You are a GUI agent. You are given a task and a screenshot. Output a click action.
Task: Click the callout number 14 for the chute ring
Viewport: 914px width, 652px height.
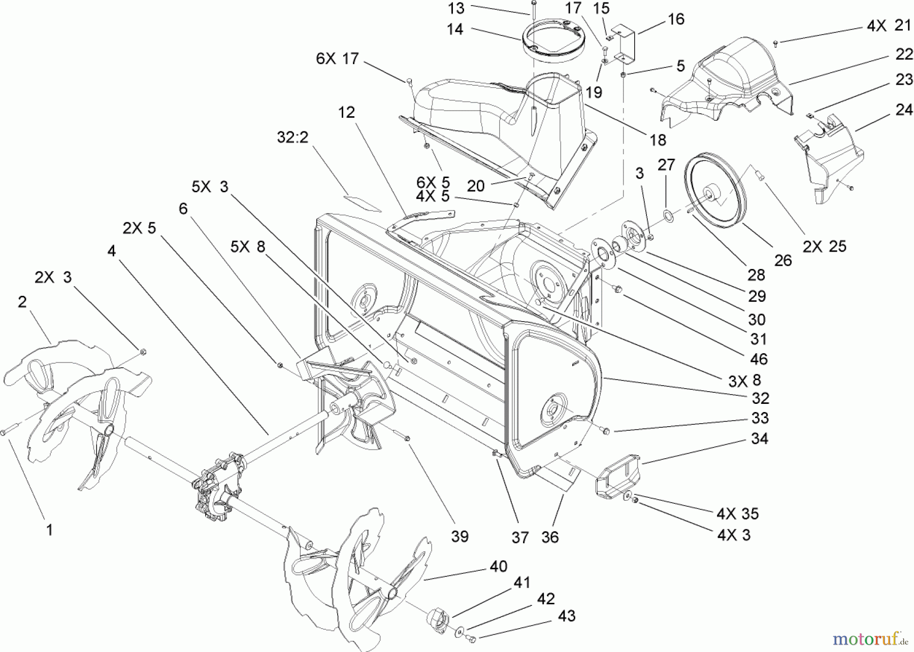[x=455, y=29]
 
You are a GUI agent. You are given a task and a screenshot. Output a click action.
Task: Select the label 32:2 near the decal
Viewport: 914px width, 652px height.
[x=293, y=137]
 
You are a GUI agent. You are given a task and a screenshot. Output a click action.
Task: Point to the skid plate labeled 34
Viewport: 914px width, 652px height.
[x=617, y=475]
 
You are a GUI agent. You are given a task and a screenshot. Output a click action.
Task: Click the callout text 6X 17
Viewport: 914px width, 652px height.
[x=337, y=59]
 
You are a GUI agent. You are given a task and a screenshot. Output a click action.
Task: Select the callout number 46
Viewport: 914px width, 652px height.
[x=759, y=359]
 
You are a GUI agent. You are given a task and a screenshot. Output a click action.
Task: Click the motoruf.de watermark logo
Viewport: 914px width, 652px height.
[x=871, y=637]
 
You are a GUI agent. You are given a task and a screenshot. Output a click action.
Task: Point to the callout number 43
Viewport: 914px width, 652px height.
[x=566, y=616]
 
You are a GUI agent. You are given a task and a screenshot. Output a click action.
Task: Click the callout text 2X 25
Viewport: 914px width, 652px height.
[x=825, y=247]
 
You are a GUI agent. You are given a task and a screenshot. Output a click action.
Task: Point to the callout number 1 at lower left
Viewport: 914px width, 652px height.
[x=49, y=530]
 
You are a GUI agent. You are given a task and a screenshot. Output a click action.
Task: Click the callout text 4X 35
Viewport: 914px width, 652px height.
[x=737, y=513]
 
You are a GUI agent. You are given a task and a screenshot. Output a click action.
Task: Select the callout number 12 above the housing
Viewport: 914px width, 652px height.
[x=347, y=112]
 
